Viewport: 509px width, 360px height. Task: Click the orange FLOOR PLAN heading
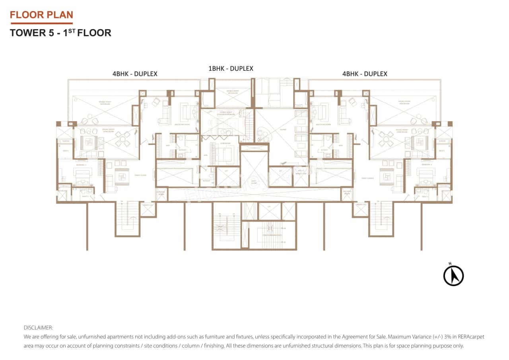41,15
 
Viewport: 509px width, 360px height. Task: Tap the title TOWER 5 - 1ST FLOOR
60,33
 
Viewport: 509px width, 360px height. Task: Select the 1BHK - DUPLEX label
231,68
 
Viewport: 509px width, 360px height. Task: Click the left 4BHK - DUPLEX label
135,74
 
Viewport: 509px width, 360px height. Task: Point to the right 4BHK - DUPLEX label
365,74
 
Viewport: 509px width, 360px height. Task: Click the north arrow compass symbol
453,275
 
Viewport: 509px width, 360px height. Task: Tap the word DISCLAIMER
38,328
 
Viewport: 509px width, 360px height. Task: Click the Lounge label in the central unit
284,129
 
